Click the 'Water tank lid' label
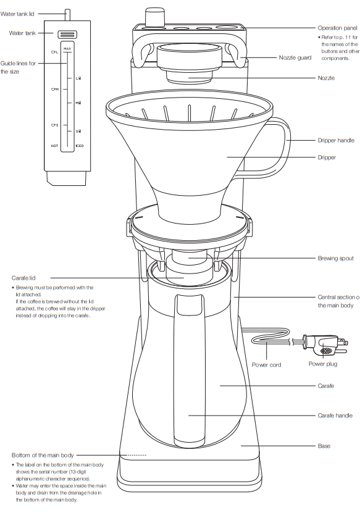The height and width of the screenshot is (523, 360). coord(25,13)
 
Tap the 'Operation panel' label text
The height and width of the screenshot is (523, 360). coord(337,28)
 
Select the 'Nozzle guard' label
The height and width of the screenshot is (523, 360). coord(295,57)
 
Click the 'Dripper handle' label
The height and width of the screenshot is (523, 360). coord(336,141)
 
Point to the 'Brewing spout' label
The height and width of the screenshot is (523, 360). coord(335,258)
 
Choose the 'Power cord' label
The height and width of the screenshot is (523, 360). coord(266,365)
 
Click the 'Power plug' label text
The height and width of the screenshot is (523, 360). coord(323,364)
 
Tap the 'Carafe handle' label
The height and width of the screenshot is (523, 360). coord(335,416)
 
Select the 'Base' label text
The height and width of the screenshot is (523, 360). coord(324,445)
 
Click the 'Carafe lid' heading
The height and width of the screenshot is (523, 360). coord(23,278)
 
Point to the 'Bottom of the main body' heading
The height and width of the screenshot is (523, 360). coord(42,455)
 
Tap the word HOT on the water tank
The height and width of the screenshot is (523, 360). coord(54,146)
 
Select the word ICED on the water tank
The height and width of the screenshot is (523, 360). coord(80,146)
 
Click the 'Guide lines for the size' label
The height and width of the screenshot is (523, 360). coord(19,67)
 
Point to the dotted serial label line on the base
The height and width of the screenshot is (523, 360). coord(137,455)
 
